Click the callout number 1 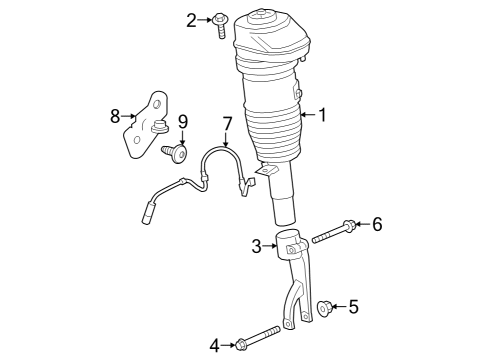(x=321, y=115)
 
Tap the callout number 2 (x=190, y=18)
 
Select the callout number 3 (x=256, y=245)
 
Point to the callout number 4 (x=214, y=346)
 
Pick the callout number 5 (x=353, y=306)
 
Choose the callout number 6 (x=377, y=225)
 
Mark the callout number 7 (x=227, y=124)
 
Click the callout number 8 (x=115, y=116)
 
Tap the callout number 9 (x=183, y=122)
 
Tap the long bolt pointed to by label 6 (x=331, y=234)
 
